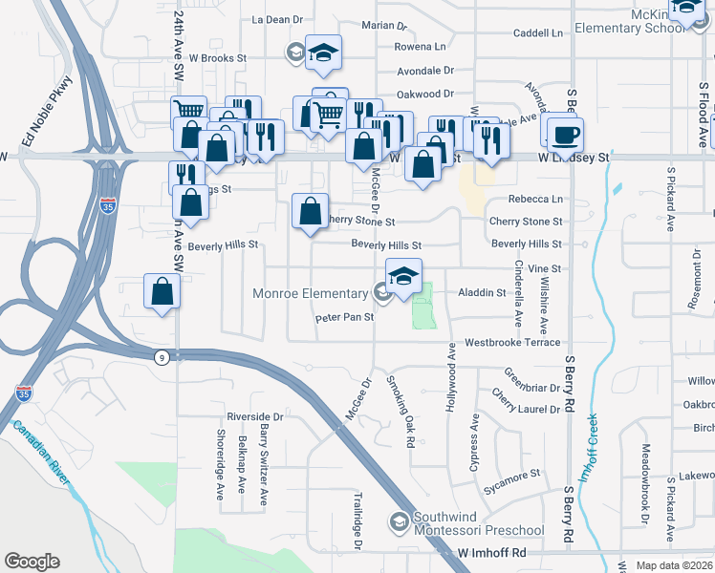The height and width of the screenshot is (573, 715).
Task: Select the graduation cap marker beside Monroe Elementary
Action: (403, 276)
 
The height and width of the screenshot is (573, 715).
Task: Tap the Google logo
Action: (32, 562)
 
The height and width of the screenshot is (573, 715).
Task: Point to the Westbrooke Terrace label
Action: (512, 342)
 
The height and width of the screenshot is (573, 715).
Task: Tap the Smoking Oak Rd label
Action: (401, 411)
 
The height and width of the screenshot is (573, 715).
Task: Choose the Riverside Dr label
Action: (255, 417)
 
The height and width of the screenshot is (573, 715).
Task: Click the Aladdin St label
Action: (482, 292)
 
